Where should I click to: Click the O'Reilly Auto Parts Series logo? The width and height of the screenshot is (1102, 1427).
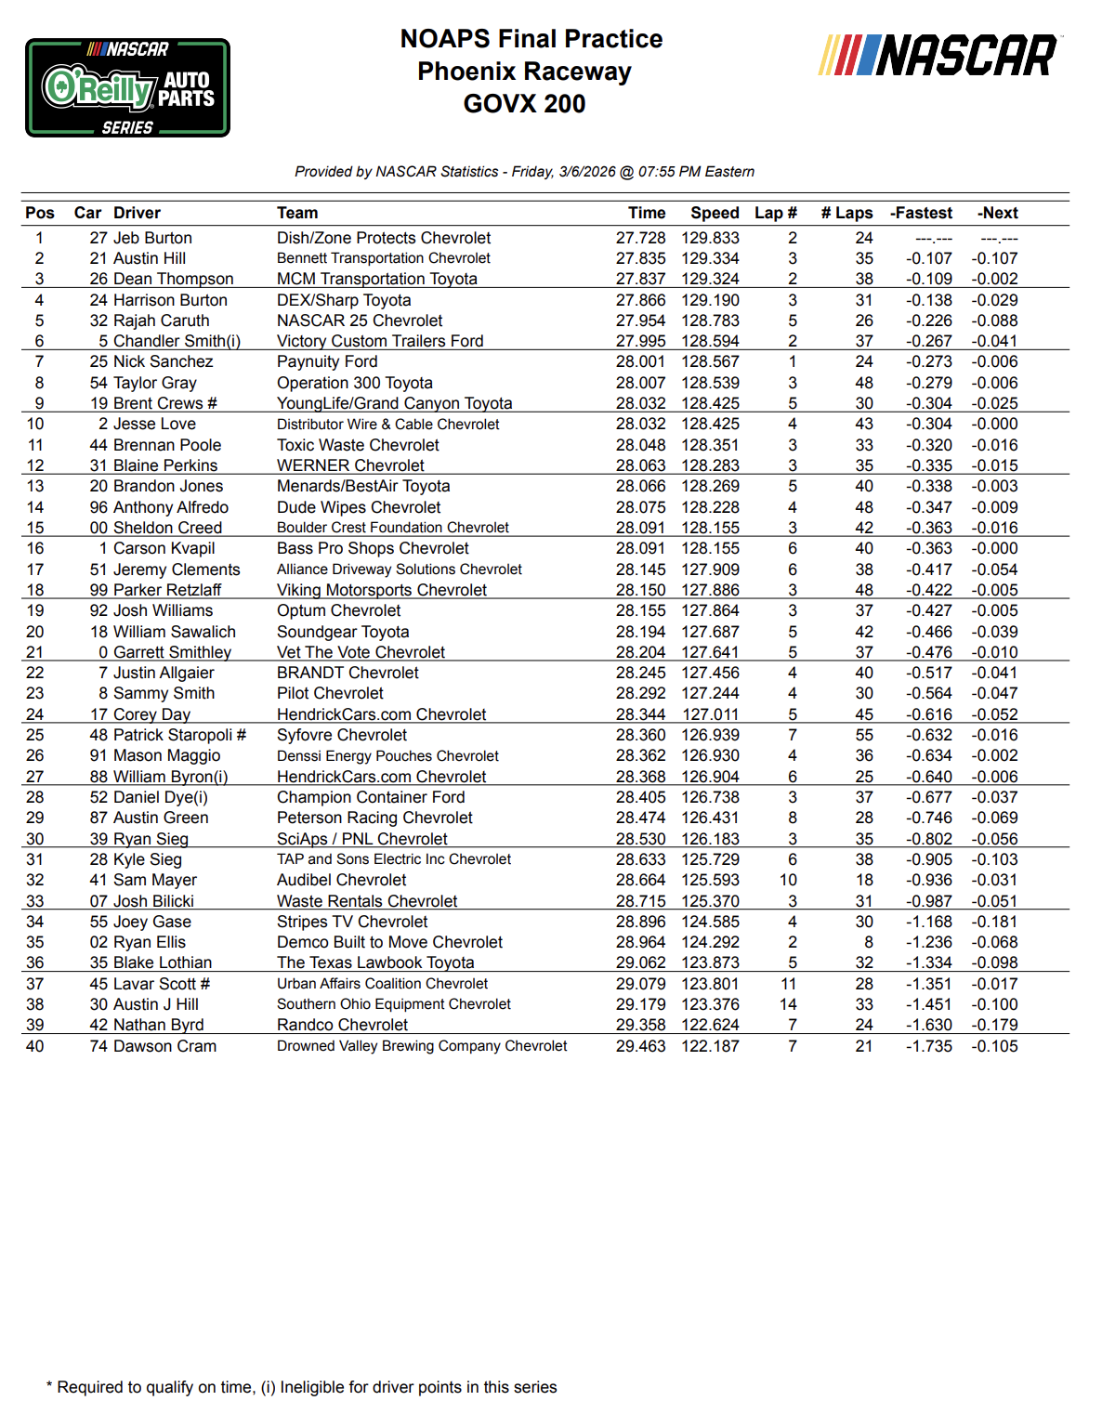(x=127, y=88)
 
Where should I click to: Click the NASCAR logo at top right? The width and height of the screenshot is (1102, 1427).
(x=938, y=56)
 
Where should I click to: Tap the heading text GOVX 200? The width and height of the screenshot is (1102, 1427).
(x=524, y=103)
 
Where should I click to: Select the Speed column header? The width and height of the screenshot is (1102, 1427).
(x=715, y=213)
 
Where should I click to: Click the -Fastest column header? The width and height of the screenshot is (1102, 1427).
(x=921, y=213)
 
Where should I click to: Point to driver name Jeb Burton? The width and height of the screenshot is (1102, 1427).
(x=152, y=238)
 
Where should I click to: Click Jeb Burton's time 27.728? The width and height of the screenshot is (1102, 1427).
(x=640, y=238)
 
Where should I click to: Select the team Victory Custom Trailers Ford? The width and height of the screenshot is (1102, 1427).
(x=380, y=341)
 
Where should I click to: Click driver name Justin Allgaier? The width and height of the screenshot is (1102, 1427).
(x=164, y=673)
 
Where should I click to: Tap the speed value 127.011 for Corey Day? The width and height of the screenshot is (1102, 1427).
(x=711, y=714)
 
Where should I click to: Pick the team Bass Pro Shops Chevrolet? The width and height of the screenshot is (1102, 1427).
(x=373, y=548)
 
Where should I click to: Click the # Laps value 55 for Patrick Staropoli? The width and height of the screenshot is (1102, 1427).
(x=864, y=735)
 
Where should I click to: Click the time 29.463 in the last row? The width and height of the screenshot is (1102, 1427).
(x=640, y=1046)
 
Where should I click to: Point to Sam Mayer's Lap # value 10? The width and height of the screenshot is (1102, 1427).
(x=788, y=880)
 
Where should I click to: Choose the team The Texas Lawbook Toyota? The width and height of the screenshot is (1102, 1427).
(x=375, y=962)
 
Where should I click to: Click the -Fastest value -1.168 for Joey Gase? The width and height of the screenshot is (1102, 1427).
(x=929, y=922)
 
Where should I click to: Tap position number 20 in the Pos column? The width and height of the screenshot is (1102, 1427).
(x=35, y=632)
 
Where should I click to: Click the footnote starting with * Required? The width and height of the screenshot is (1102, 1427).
(x=302, y=1387)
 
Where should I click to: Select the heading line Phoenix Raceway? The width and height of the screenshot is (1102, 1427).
(x=524, y=72)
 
